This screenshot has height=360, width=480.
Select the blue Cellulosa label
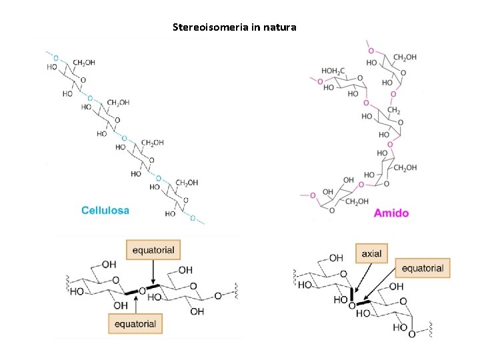(x=105, y=210)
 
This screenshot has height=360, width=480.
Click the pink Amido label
(x=391, y=213)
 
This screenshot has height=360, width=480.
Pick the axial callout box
(x=371, y=254)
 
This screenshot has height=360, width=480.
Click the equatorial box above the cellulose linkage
(x=153, y=251)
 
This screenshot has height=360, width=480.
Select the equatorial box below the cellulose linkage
(x=135, y=324)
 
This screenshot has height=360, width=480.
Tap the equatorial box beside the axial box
(x=422, y=269)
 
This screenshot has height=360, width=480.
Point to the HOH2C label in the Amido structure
(x=334, y=71)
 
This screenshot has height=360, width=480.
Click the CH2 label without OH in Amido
(x=393, y=110)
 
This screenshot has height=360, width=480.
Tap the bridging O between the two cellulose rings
(x=141, y=291)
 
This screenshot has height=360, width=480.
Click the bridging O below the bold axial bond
(x=352, y=305)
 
